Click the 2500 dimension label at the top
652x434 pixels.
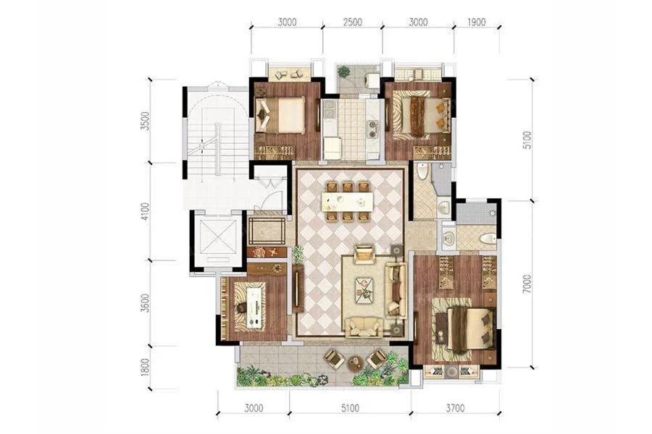pos(353,22)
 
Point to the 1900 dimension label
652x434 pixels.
pos(476,22)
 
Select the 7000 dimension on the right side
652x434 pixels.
pos(527,284)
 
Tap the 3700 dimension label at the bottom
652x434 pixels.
pos(456,408)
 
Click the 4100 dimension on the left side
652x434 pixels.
pos(145,211)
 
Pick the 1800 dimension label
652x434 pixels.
pos(145,367)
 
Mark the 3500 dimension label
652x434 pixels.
pos(145,121)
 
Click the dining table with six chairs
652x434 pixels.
pos(347,201)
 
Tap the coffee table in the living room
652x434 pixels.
pos(364,290)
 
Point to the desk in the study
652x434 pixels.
pos(255,307)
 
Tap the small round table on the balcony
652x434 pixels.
pos(355,362)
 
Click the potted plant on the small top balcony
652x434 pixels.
pos(343,72)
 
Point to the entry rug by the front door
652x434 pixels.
pos(267,230)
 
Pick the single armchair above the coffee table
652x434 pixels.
pos(364,254)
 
